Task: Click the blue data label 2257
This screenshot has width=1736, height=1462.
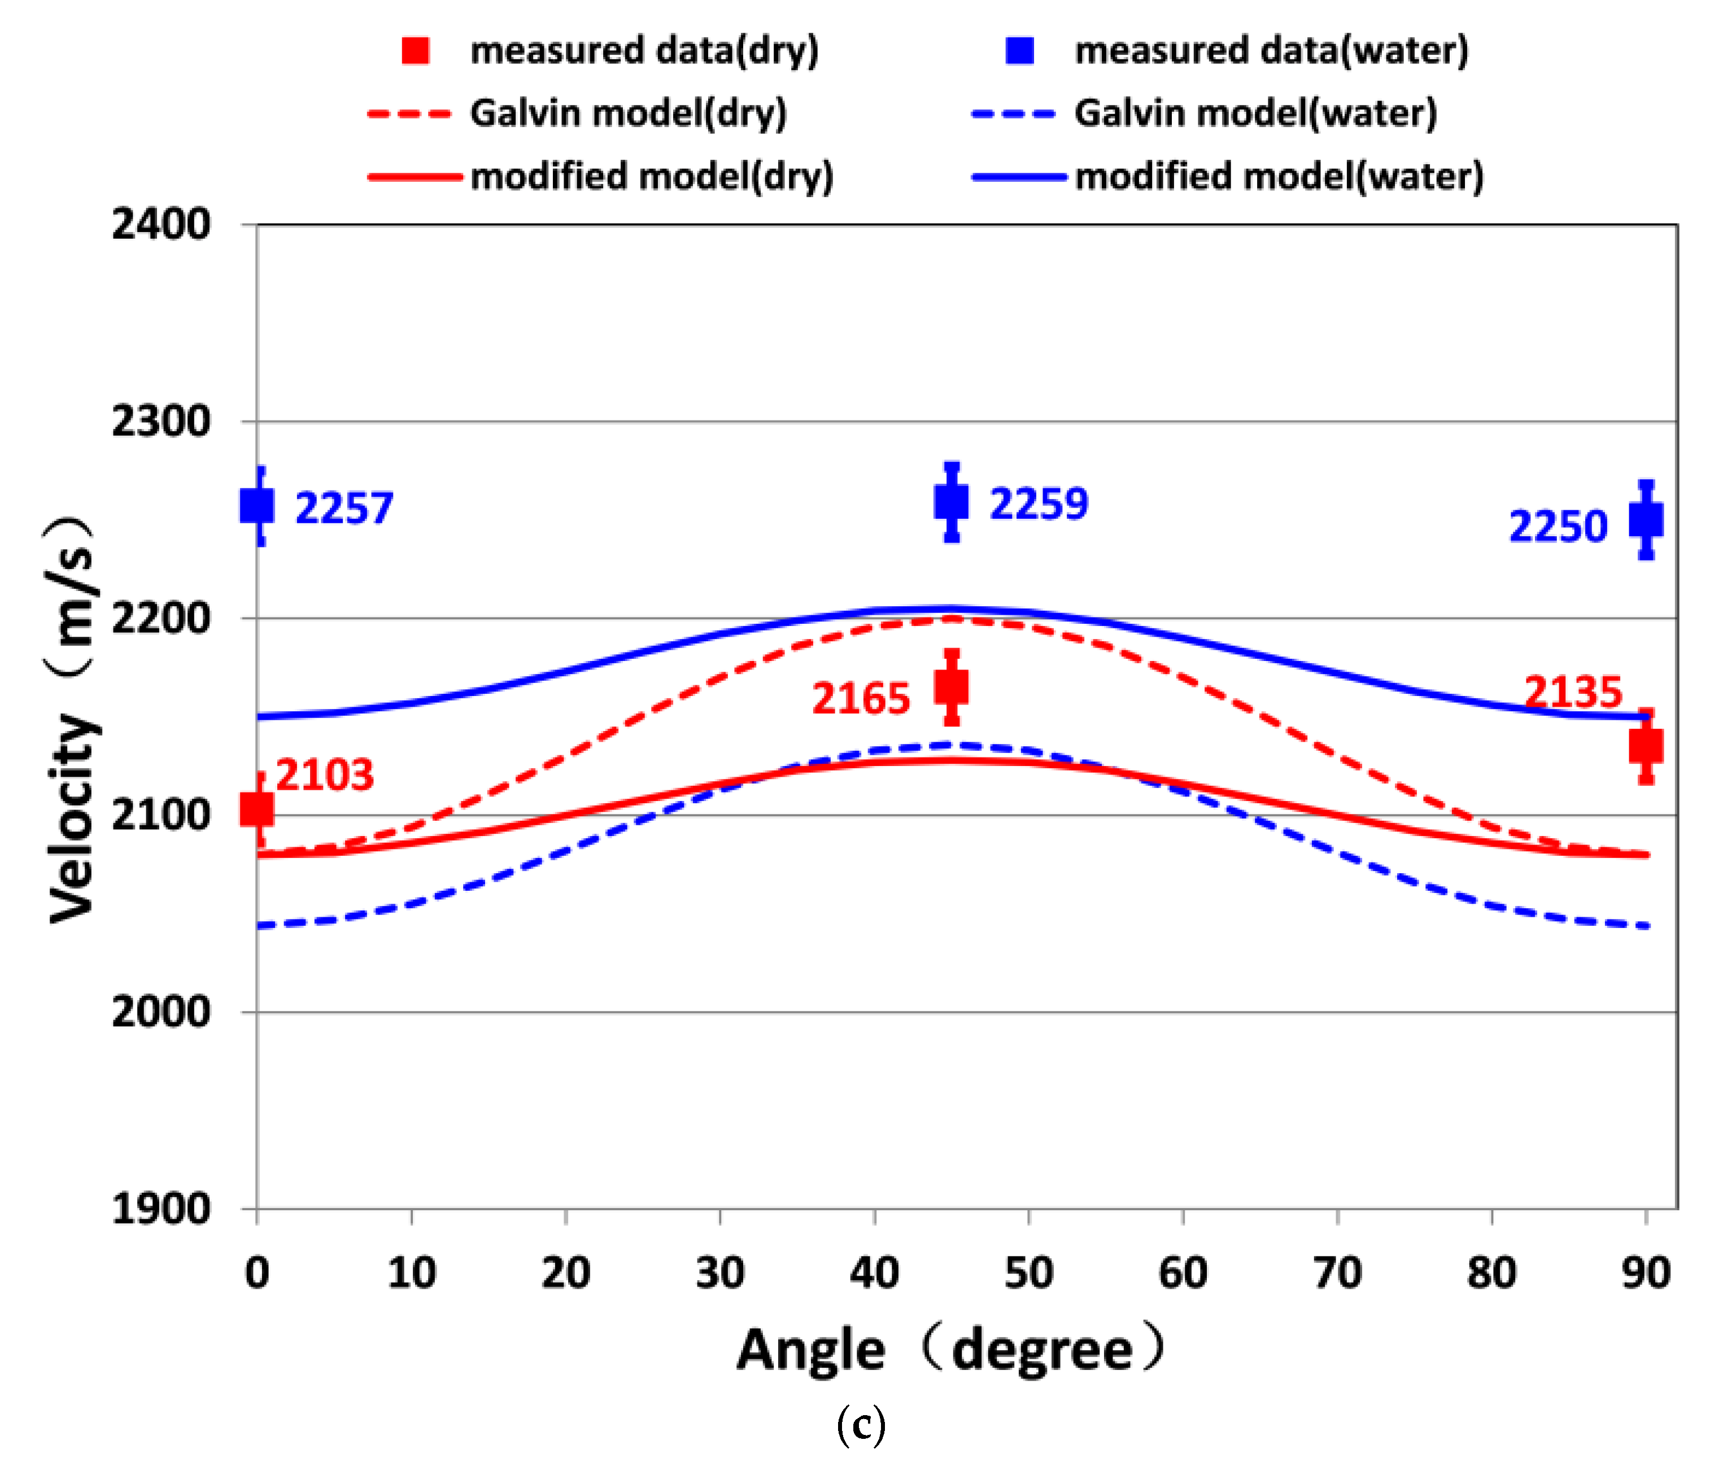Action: pos(344,508)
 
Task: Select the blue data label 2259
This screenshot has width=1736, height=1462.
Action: pos(1038,504)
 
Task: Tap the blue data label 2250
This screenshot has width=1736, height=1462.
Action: pos(1558,526)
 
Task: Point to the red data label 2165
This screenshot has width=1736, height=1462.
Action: pos(861,699)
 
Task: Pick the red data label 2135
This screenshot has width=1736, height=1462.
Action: pos(1573,692)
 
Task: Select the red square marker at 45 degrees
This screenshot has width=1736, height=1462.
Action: pos(951,687)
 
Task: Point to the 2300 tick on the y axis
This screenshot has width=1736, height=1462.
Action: pos(161,422)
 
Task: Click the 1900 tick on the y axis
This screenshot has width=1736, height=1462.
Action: pos(161,1209)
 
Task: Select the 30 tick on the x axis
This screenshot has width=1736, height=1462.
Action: pos(719,1273)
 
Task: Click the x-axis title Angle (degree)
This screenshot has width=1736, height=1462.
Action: pos(951,1351)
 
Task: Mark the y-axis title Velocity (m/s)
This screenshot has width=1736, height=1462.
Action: pos(73,718)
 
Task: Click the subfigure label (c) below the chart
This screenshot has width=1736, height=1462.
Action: pos(861,1425)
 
